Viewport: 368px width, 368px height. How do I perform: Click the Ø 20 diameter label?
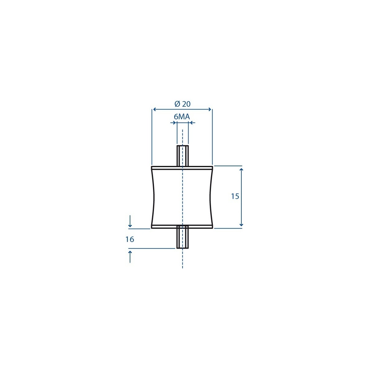182,104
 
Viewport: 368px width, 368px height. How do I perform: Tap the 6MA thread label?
182,117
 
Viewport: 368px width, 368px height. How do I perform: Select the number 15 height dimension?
235,196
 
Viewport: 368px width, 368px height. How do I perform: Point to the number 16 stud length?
130,239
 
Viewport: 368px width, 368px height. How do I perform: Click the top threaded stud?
182,156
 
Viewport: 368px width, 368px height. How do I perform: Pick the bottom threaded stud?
182,237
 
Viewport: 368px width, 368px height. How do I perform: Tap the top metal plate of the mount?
182,168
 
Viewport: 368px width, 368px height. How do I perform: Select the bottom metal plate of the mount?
182,227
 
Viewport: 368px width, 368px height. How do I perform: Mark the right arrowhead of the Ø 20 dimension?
209,109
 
